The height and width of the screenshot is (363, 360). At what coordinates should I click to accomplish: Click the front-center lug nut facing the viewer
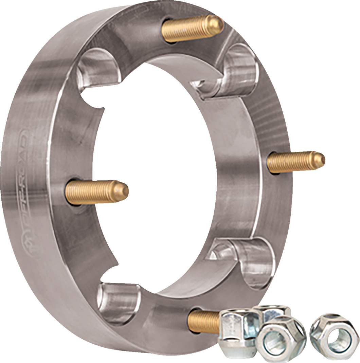click(x=276, y=341)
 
